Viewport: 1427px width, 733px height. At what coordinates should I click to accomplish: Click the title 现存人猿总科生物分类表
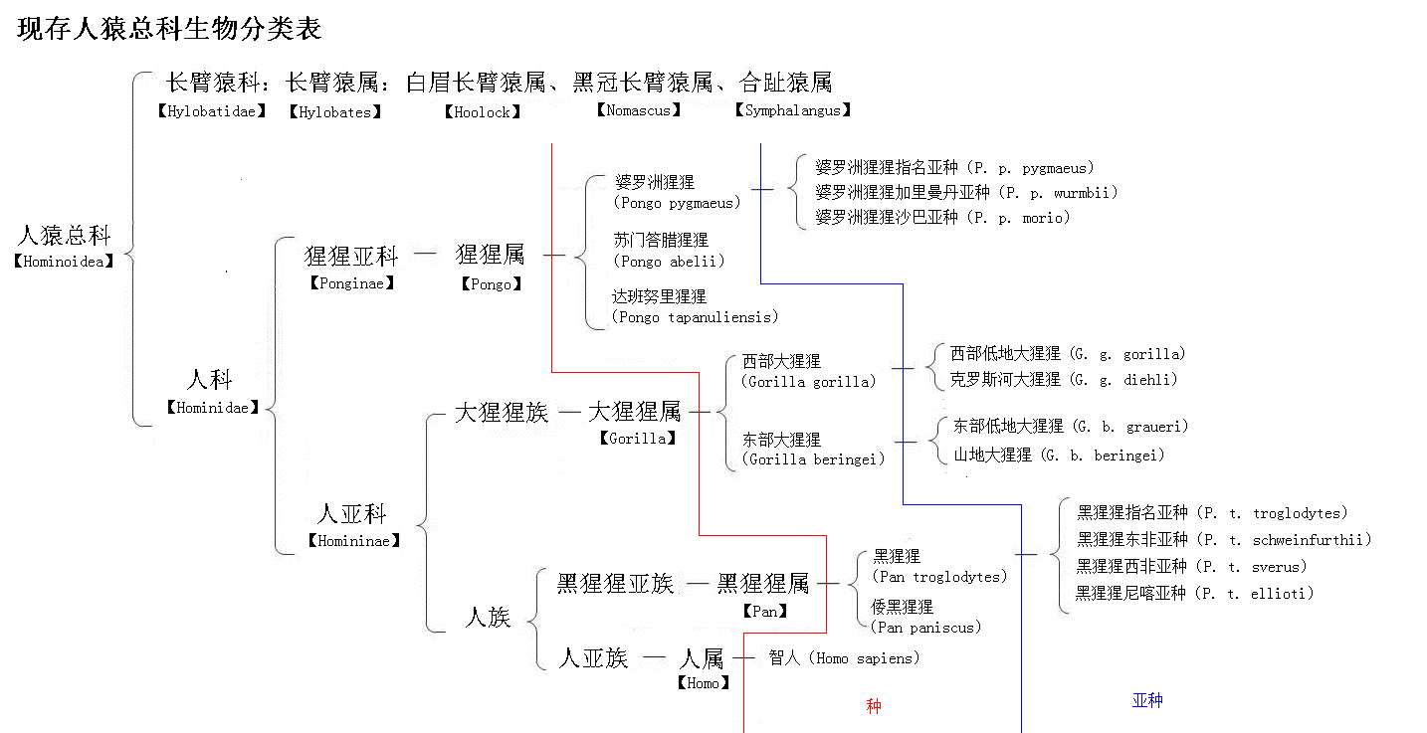(x=169, y=29)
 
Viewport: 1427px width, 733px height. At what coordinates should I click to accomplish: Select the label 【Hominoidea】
(x=64, y=262)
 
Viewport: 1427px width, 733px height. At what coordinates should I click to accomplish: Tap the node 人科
(x=210, y=380)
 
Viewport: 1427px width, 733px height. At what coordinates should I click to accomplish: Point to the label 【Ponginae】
(x=351, y=282)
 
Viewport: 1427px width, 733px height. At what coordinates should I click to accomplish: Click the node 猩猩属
(x=490, y=255)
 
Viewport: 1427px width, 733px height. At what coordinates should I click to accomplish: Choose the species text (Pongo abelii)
(x=669, y=262)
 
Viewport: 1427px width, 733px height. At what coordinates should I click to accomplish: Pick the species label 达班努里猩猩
(x=659, y=297)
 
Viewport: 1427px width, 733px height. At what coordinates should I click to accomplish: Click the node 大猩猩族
(x=502, y=412)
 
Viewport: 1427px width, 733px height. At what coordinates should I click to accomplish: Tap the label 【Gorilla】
(x=638, y=438)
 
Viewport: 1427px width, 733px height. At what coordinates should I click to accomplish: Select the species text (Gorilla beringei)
(x=813, y=459)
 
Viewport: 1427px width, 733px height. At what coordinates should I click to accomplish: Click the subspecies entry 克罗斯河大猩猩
(x=1005, y=379)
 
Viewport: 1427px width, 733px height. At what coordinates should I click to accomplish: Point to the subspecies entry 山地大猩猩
(x=993, y=456)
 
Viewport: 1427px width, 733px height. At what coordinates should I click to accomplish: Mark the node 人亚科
(x=351, y=514)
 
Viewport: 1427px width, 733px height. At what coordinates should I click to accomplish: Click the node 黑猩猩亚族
(x=615, y=584)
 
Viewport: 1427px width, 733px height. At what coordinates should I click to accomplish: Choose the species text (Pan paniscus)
(x=925, y=628)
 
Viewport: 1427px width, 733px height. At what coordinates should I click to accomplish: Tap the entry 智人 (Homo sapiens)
(x=844, y=658)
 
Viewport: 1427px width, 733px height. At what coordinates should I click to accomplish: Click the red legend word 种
(x=874, y=706)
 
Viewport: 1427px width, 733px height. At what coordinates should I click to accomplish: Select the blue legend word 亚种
(x=1147, y=700)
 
